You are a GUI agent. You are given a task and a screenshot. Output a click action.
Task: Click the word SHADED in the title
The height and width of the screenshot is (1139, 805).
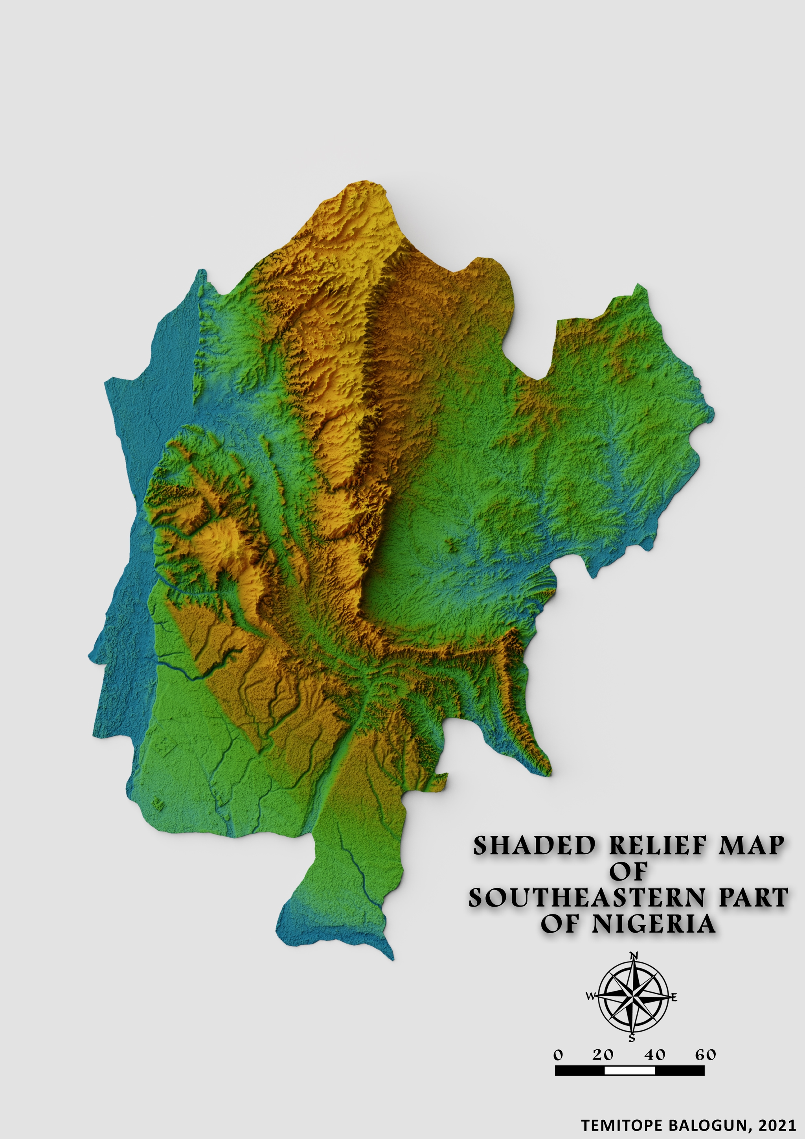[533, 846]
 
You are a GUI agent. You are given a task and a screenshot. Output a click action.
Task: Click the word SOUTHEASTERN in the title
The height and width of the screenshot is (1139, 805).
[587, 898]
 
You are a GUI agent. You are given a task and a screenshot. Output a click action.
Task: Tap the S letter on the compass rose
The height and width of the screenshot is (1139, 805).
[632, 1038]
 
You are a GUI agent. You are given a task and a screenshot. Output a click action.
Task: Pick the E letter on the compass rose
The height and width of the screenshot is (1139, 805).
[674, 997]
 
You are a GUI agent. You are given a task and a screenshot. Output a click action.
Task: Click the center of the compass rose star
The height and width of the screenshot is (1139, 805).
[632, 997]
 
